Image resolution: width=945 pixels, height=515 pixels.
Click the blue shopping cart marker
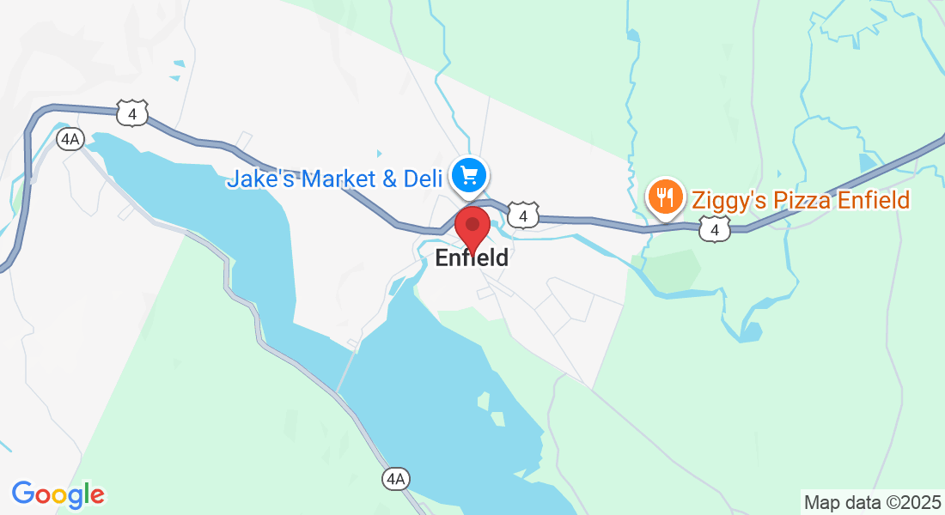[469, 176]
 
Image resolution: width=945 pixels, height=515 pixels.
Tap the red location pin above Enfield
[472, 227]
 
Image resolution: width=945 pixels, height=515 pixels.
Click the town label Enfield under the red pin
[472, 257]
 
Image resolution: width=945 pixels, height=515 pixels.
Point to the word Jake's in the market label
[253, 179]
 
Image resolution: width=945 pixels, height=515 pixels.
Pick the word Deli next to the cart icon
[424, 179]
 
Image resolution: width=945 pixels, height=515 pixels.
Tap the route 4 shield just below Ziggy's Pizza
[714, 229]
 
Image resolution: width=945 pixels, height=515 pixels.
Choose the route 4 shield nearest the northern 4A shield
[132, 112]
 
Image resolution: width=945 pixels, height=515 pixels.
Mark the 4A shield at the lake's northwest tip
[70, 138]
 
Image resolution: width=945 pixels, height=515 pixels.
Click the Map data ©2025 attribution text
[871, 501]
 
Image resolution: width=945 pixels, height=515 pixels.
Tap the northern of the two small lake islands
[483, 400]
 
